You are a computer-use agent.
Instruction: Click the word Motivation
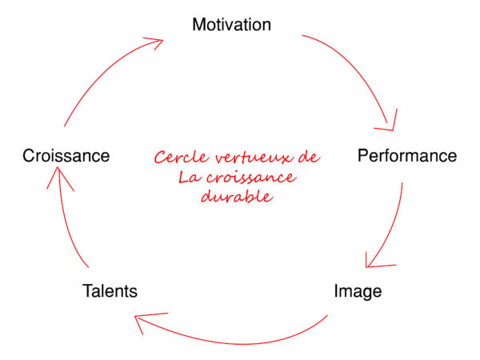[x=232, y=25]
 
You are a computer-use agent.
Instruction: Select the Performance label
[x=407, y=155]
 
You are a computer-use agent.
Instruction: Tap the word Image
[x=358, y=291]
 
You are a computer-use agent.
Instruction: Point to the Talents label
[x=110, y=291]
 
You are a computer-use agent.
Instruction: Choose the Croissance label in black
[x=66, y=155]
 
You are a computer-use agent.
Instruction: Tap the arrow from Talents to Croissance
[x=65, y=220]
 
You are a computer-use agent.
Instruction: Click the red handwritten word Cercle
[x=182, y=158]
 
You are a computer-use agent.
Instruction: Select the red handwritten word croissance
[x=252, y=178]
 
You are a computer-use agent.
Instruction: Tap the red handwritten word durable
[x=237, y=196]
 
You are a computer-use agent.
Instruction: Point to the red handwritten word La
[x=190, y=177]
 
